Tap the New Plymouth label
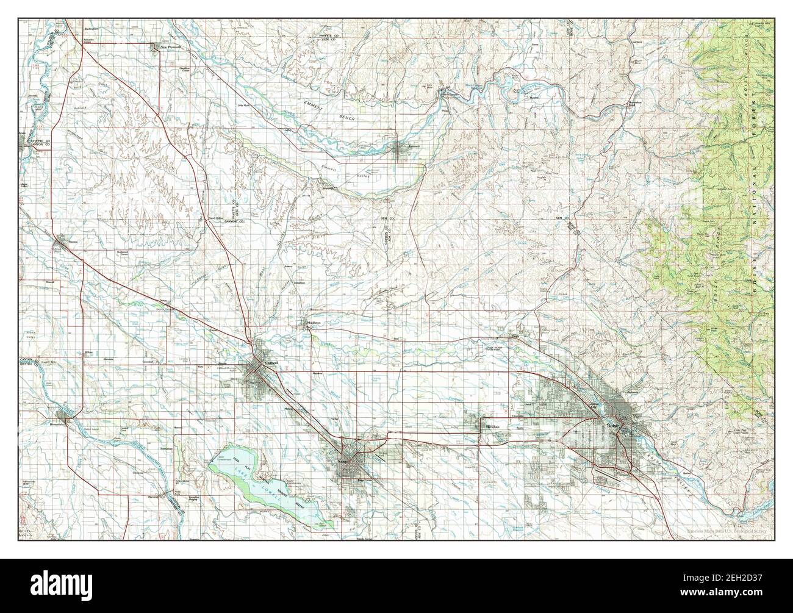click(x=170, y=46)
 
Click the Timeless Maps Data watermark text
click(x=726, y=532)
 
